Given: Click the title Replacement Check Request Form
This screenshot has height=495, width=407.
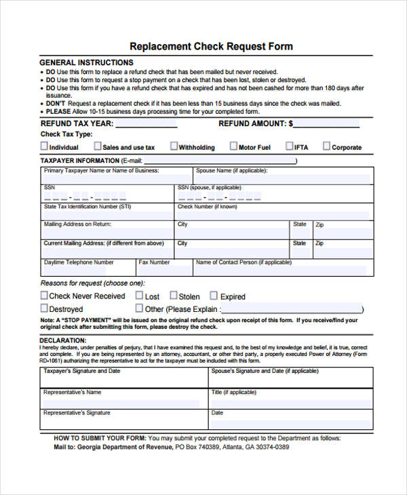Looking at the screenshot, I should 211,46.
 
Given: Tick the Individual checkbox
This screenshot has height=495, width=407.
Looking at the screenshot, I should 44,146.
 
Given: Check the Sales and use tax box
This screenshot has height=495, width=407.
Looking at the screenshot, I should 97,146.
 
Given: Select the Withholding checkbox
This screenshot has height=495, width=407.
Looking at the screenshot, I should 174,146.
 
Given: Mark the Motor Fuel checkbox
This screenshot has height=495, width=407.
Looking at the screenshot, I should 233,146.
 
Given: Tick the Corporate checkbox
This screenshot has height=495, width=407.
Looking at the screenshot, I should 326,146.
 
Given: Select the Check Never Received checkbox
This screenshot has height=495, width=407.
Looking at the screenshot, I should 44,296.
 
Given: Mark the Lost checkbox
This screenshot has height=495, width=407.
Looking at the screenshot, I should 139,296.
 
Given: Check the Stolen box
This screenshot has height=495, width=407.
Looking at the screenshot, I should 173,296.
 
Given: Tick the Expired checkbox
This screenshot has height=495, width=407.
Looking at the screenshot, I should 214,296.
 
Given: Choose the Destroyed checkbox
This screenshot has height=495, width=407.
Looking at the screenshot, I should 44,309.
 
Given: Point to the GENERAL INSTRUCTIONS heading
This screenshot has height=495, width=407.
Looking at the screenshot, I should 86,62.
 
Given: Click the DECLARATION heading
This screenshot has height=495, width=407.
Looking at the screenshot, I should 62,340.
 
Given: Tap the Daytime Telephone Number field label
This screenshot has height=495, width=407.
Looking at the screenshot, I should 79,262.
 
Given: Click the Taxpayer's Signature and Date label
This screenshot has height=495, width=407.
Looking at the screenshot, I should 81,371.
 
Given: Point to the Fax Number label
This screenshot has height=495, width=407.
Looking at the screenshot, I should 154,262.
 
